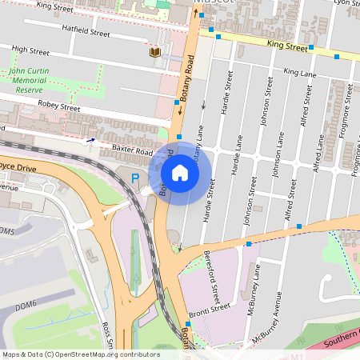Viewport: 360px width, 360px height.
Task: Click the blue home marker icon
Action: [x=180, y=172]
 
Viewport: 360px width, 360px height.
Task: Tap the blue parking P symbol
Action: [x=135, y=178]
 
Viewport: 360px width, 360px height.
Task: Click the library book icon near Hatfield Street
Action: [x=154, y=53]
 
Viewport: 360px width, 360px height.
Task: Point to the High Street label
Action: [x=31, y=50]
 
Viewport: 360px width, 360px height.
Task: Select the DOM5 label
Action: [x=7, y=230]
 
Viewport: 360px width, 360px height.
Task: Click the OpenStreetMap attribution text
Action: [x=81, y=354]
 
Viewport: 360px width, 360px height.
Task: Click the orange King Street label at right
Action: [x=286, y=47]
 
